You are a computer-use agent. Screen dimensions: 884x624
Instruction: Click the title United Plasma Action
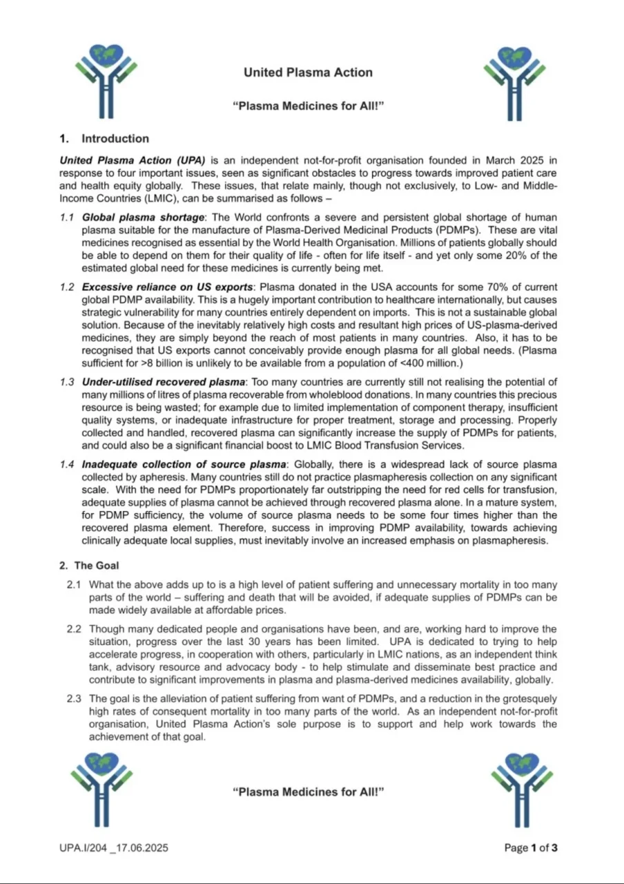coord(308,73)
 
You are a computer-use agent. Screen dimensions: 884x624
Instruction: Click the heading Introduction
coord(115,139)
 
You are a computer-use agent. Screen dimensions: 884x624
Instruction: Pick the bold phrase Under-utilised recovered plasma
coord(164,382)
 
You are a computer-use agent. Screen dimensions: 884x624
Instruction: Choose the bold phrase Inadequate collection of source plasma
coord(183,463)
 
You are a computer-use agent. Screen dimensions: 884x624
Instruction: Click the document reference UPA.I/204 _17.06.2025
coord(114,847)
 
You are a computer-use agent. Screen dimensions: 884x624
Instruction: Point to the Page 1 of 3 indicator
coord(531,847)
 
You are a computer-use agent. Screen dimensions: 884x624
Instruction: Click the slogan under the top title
coord(308,106)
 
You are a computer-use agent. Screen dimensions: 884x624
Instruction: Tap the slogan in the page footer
coord(308,792)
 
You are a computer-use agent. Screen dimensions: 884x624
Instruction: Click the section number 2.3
coord(75,698)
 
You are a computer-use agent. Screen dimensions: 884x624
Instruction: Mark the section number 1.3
coord(67,382)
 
